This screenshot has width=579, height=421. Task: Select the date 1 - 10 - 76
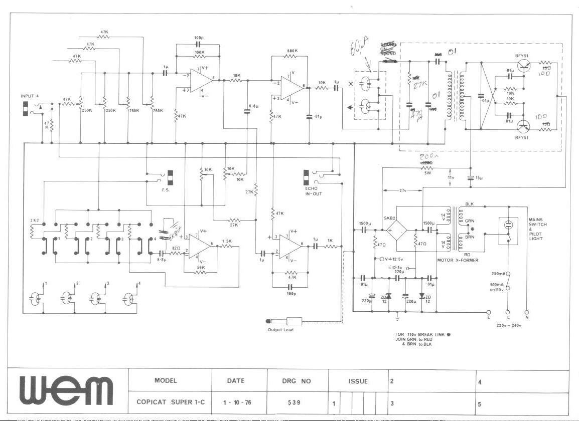click(x=235, y=402)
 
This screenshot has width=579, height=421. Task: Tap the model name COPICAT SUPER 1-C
click(x=169, y=402)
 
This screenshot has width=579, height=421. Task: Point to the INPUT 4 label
click(x=30, y=96)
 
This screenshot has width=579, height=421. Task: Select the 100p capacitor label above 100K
click(x=198, y=38)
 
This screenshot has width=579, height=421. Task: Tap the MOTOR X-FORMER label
click(x=458, y=260)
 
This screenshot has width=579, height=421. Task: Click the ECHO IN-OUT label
click(x=314, y=191)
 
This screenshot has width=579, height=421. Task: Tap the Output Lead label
click(x=281, y=329)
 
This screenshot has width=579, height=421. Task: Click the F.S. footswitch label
click(x=166, y=190)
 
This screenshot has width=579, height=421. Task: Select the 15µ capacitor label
click(x=479, y=177)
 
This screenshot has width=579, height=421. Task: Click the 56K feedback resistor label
click(x=201, y=267)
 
